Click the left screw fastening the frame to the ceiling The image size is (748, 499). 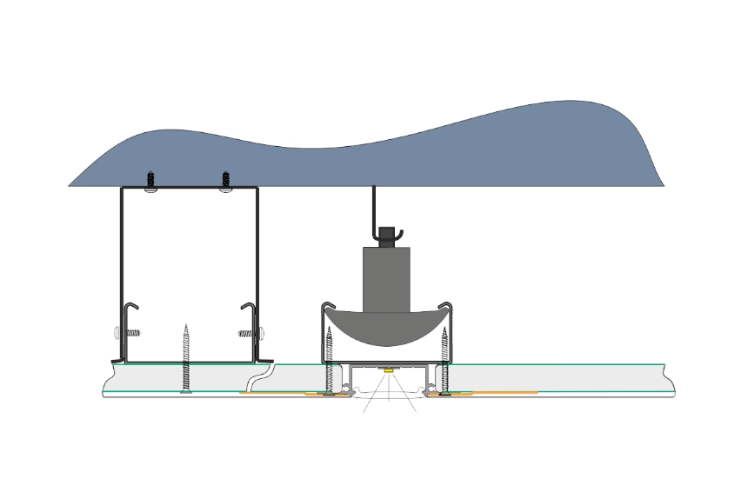(x=152, y=181)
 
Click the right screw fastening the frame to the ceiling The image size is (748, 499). (x=227, y=181)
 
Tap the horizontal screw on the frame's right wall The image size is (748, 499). (x=250, y=333)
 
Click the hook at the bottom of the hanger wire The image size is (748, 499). (x=386, y=233)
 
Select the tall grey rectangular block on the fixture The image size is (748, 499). (x=387, y=276)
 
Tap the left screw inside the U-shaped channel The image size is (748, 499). (x=330, y=361)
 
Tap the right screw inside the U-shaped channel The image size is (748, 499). (x=444, y=361)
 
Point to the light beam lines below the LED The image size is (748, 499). (x=388, y=396)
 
